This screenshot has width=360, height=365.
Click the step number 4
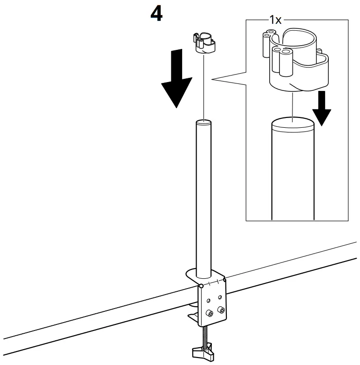point(156,14)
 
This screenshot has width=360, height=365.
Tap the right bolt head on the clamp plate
point(222,310)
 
